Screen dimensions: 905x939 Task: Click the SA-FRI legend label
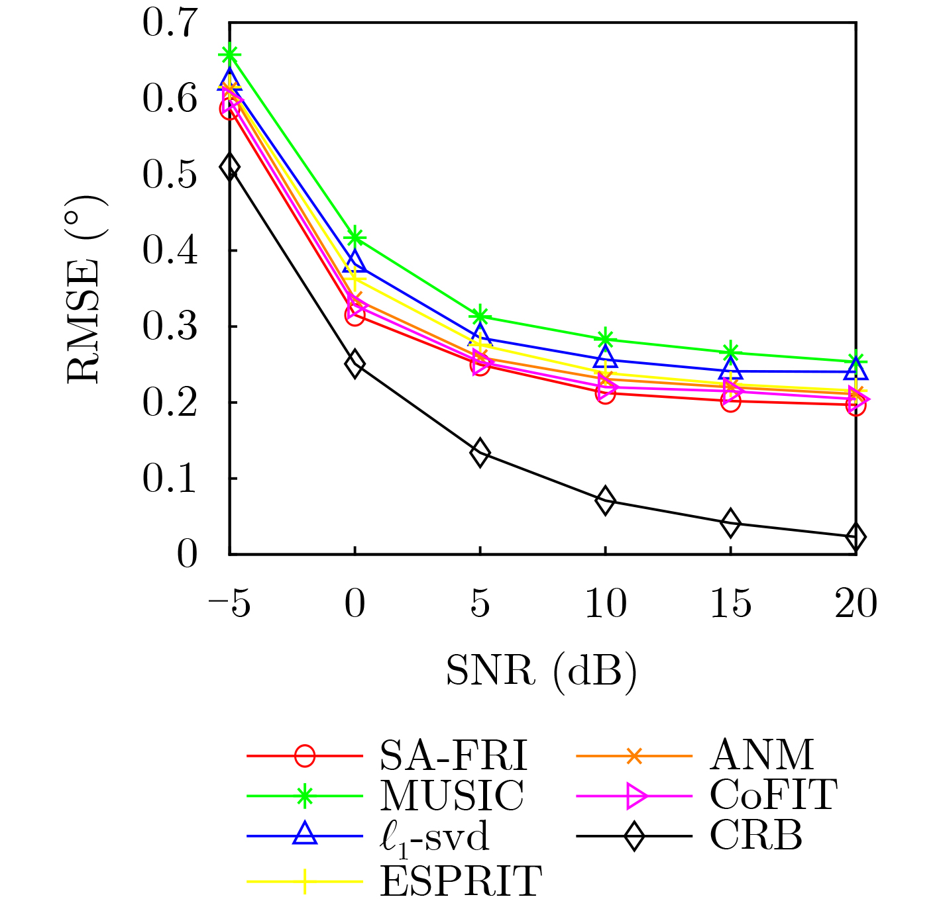pos(454,755)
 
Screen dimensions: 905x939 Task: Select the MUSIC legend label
pos(452,796)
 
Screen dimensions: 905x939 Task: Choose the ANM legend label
pos(761,755)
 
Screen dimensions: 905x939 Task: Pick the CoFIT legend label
pos(773,796)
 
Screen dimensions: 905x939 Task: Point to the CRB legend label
pos(756,836)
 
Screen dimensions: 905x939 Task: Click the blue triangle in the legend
pos(305,834)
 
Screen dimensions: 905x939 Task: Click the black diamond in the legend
pos(634,836)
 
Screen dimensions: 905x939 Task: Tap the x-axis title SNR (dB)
pos(541,671)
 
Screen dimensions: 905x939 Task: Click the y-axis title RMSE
pos(85,289)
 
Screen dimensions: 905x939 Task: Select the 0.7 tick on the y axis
pos(170,23)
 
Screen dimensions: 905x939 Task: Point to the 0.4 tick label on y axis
pos(170,251)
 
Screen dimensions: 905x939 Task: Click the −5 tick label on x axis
pos(229,604)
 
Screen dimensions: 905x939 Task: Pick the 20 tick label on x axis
pos(856,604)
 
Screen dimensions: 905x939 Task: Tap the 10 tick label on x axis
pos(605,604)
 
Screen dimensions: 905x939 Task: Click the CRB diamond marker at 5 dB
pos(480,453)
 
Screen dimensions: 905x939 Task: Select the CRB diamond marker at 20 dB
pos(856,537)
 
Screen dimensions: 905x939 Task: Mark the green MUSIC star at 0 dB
pos(355,237)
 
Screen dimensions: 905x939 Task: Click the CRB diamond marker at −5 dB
pos(229,167)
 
